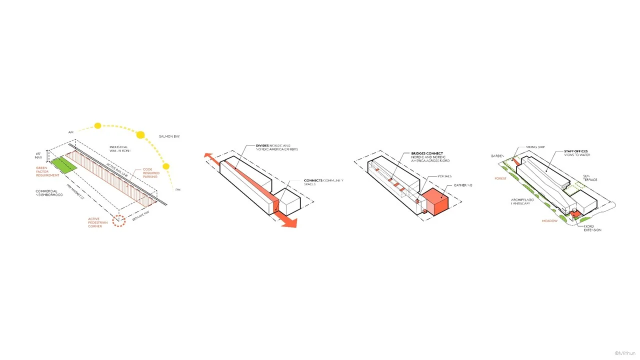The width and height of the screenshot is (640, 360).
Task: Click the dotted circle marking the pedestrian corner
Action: tap(118, 220)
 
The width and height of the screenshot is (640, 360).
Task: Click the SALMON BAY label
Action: tap(169, 136)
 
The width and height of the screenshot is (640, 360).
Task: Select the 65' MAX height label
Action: tap(38, 155)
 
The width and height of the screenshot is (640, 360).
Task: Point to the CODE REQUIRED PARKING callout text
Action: tap(150, 173)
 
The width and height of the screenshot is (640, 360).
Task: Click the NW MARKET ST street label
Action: tap(75, 191)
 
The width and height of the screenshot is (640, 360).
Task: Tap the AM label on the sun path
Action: tap(71, 132)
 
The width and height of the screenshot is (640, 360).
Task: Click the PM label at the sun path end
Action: tap(177, 190)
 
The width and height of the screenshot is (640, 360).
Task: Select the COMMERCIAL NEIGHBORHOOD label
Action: tap(49, 193)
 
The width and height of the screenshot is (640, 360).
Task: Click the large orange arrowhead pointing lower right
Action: tap(289, 222)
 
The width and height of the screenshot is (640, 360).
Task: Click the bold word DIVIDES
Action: tap(262, 145)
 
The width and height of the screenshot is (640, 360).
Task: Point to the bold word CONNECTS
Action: tap(313, 180)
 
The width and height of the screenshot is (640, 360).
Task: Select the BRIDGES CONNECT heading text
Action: tap(427, 153)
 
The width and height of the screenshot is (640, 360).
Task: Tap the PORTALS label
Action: tap(444, 176)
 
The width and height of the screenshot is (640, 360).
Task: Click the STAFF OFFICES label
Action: tap(575, 151)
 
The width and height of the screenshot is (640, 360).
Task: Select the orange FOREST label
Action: tap(500, 178)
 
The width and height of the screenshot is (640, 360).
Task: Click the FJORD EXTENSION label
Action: tap(592, 228)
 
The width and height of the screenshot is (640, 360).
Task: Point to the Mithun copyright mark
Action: tap(625, 353)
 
